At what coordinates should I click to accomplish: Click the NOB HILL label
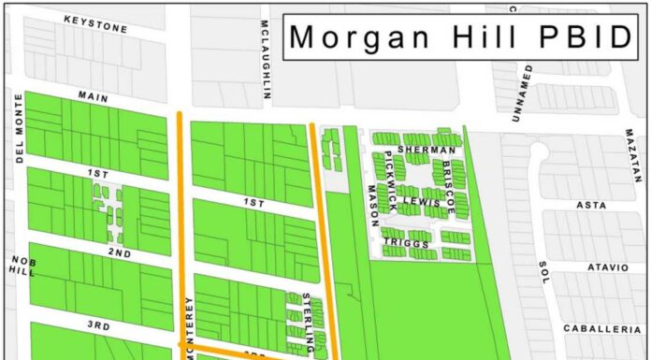click(22, 264)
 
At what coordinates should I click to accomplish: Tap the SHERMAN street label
click(426, 150)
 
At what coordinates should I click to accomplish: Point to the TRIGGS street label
click(406, 243)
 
